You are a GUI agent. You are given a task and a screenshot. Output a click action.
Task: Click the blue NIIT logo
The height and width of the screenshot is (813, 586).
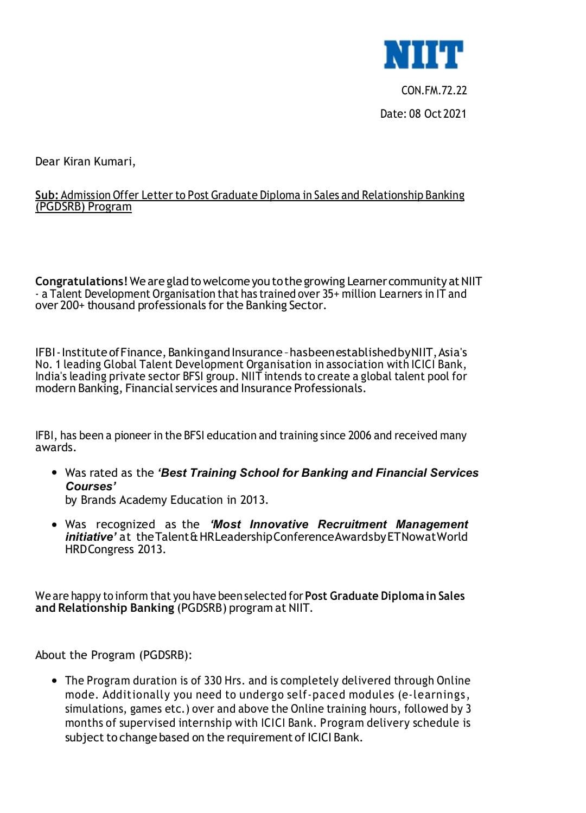pos(423,54)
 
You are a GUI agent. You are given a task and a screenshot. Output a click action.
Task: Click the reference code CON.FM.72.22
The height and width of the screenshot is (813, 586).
pos(434,91)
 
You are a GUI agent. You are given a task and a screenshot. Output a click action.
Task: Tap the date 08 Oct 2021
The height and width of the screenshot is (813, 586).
pos(437,114)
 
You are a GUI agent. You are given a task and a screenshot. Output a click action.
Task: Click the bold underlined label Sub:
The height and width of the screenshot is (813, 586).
pos(47,195)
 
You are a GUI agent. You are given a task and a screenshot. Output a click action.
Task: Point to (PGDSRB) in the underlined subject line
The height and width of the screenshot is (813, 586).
pos(60,207)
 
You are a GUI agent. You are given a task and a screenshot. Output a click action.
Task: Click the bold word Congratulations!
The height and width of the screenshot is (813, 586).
pos(81,281)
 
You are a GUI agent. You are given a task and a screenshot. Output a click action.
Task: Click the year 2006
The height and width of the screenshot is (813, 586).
pos(359,436)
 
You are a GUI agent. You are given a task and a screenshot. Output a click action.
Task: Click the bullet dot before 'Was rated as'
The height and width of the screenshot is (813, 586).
pos(54,472)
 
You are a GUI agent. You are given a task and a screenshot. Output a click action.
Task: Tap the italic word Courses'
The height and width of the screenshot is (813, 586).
pos(91,486)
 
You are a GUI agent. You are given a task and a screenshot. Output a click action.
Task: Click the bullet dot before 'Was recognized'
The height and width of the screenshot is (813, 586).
pos(54,524)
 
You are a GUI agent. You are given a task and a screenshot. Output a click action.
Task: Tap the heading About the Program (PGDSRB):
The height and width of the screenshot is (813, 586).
pos(113,655)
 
